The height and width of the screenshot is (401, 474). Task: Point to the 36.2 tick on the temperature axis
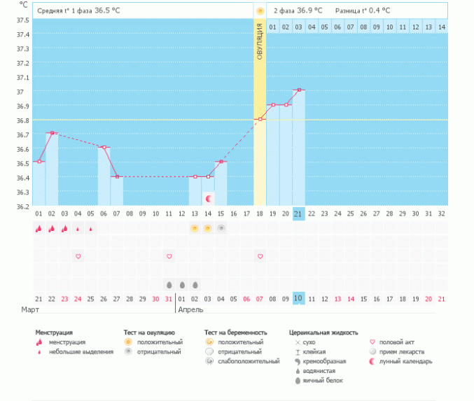tap(22, 206)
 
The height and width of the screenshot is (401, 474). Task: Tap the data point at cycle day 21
tap(299, 90)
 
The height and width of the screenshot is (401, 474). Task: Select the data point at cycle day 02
tap(52, 133)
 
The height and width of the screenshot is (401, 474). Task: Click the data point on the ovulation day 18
tap(260, 119)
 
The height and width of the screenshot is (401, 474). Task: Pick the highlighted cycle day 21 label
tap(299, 213)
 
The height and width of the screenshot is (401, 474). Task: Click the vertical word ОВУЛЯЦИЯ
tap(260, 41)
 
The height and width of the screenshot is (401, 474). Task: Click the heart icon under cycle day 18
tap(260, 257)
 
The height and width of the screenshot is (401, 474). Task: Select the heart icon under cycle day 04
tap(78, 257)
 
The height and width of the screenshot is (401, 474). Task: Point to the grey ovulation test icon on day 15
tap(221, 228)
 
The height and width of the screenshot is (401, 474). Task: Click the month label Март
tap(30, 309)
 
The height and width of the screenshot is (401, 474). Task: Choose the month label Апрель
tap(191, 309)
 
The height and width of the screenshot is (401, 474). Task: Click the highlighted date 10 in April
tap(299, 299)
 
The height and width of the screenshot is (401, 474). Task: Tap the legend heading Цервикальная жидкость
tap(323, 332)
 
